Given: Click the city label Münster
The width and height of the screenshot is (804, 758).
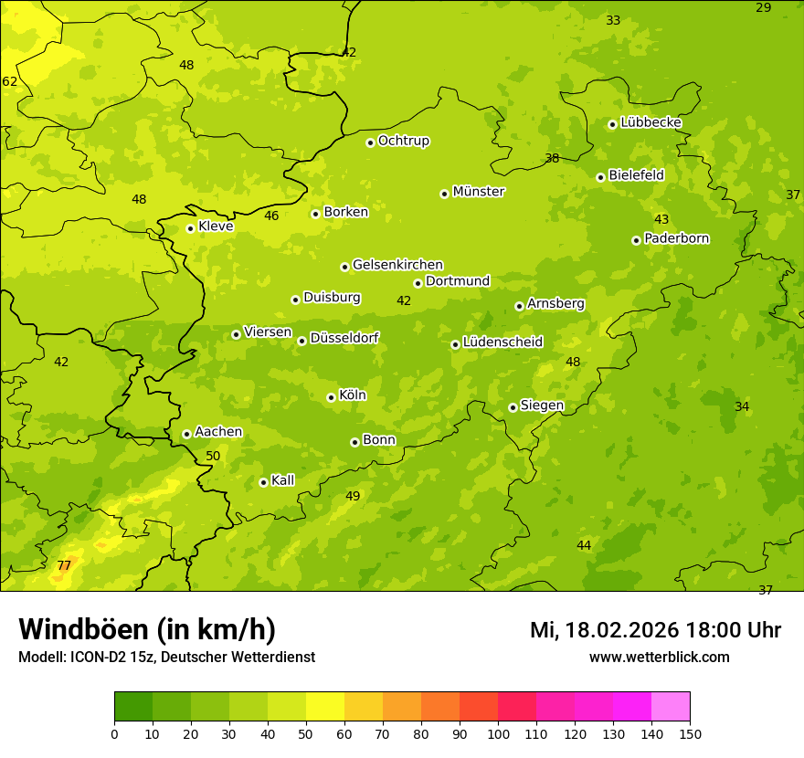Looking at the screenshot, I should (x=478, y=192).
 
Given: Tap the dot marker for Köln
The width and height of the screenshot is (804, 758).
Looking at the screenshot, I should (x=331, y=397).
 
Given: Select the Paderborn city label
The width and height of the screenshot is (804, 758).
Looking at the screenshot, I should (x=676, y=238).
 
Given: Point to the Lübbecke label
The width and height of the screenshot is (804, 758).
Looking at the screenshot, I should (x=651, y=122).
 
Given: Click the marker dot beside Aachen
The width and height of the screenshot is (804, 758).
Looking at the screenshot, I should (x=186, y=434).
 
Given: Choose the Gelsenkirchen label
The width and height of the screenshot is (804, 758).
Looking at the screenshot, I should (x=397, y=265).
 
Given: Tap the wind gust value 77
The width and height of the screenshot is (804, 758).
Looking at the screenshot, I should (x=64, y=566).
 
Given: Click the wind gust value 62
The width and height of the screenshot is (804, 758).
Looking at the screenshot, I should (x=10, y=82).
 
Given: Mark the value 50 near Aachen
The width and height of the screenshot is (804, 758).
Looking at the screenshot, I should (x=213, y=457).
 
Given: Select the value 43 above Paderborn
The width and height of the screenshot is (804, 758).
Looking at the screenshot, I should (x=661, y=220).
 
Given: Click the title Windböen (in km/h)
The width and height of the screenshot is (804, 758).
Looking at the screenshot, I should (x=147, y=629).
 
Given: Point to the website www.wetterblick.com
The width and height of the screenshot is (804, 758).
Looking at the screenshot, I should (x=659, y=658).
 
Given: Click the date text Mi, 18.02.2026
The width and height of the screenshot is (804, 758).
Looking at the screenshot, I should (x=603, y=630).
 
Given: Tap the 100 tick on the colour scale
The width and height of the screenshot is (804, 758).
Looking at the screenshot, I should (x=498, y=733).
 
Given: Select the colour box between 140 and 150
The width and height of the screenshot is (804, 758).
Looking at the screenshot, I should (x=671, y=707).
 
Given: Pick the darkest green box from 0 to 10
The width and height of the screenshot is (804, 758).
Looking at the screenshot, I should (x=133, y=707).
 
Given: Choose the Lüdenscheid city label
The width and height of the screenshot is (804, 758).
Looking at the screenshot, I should (x=503, y=342).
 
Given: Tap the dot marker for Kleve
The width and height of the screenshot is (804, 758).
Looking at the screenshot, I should (x=190, y=228).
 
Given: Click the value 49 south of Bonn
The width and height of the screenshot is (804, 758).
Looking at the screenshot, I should (x=353, y=497).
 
